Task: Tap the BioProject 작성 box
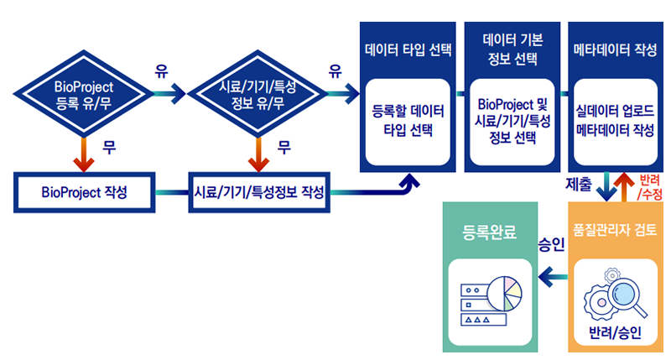84,191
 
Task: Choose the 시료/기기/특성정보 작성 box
259,191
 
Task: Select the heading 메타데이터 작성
615,49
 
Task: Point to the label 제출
579,182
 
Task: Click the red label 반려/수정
650,187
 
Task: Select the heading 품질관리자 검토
616,227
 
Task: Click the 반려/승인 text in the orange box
616,332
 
